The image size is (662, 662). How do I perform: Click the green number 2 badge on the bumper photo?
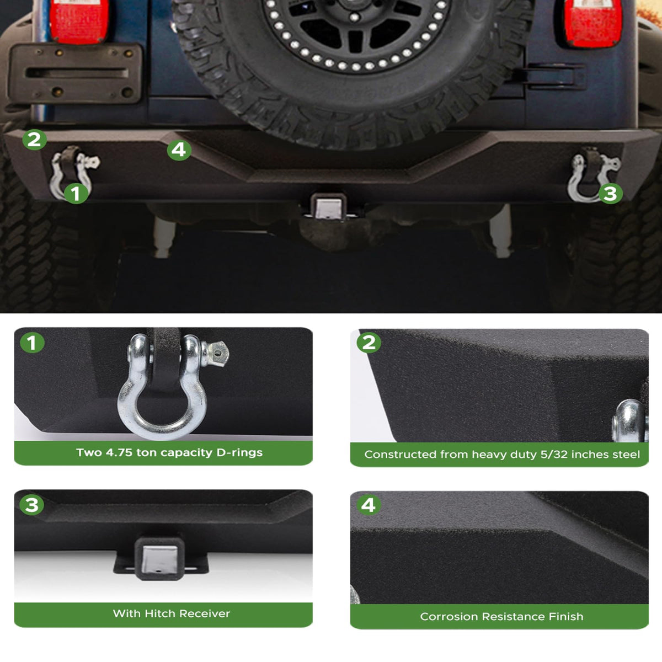[34, 140]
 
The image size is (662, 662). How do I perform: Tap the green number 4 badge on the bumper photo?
[179, 150]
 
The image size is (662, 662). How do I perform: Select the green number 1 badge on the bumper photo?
[76, 194]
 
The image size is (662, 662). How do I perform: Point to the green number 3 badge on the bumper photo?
[610, 194]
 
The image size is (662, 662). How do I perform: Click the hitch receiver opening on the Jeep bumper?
[328, 208]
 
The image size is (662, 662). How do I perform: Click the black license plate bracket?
[75, 73]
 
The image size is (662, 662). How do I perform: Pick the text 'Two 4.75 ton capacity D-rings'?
[169, 452]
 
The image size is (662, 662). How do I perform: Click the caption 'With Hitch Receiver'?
[172, 613]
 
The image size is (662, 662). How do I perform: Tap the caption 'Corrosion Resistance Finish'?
[501, 616]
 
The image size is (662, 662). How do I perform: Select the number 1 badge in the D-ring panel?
[33, 343]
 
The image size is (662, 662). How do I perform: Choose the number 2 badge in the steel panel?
[369, 343]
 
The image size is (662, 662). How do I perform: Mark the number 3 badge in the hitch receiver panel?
[32, 505]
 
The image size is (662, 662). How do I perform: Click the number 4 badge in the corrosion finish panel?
[369, 505]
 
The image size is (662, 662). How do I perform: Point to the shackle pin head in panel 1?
[217, 354]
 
